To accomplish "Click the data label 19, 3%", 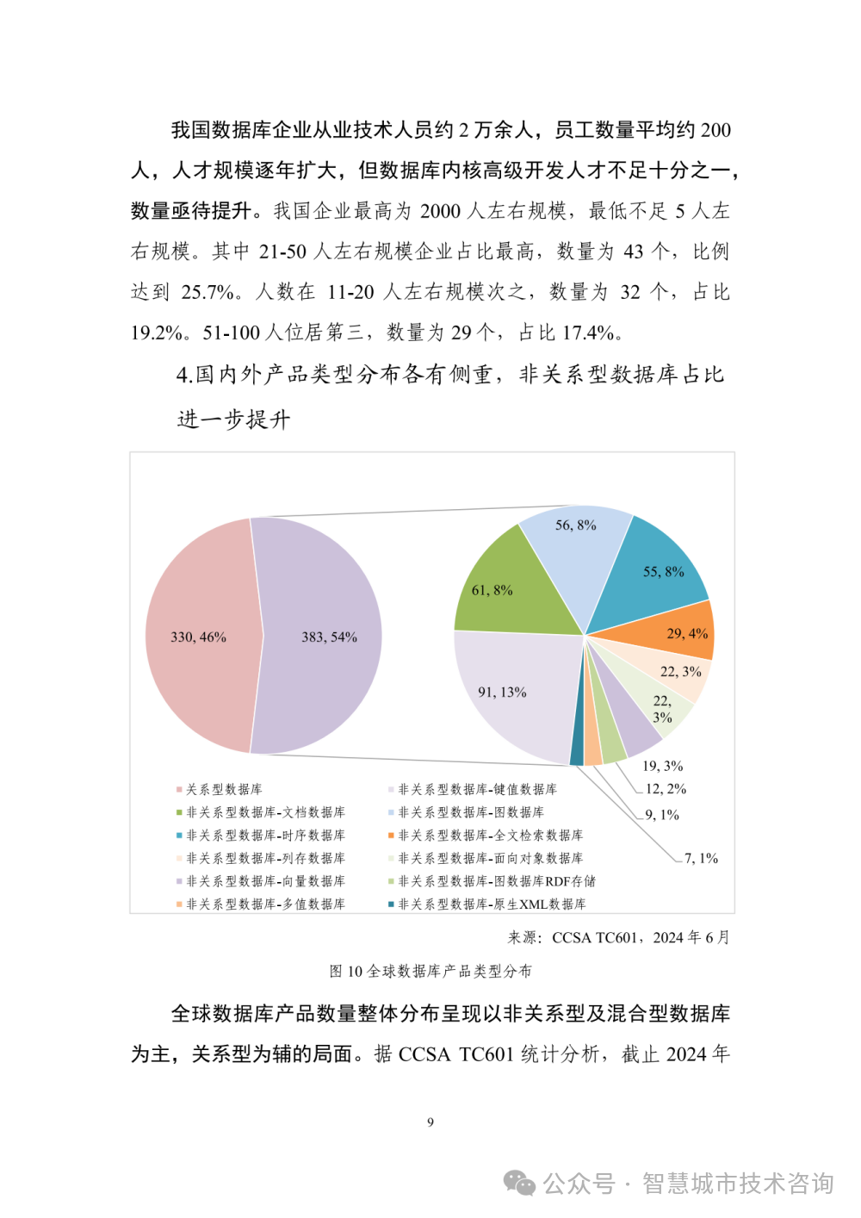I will [662, 766].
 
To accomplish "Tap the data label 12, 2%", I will [666, 789].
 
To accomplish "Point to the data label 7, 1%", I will [701, 859].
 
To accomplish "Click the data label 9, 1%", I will [662, 815].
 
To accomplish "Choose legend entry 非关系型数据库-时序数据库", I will [265, 836].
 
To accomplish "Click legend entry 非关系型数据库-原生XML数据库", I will [491, 904].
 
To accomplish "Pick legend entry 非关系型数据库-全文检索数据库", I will [490, 836].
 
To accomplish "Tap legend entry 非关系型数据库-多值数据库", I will [265, 904].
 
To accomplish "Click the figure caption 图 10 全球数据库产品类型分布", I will [430, 972].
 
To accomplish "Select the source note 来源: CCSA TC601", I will [618, 937].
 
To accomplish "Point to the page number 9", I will [430, 1122].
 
